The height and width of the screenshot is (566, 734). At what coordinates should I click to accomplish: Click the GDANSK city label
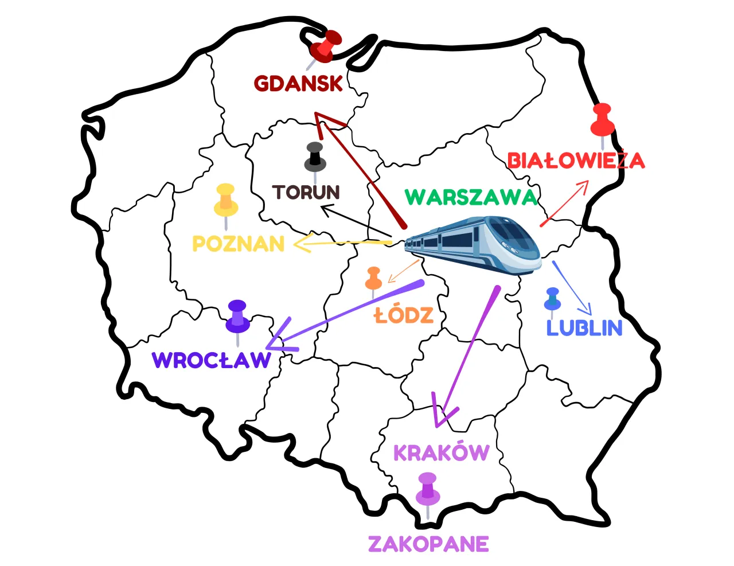[x=298, y=84]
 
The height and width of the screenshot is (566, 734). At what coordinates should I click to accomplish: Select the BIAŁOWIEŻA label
[x=576, y=161]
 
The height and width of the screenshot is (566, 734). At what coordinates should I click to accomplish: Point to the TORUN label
[x=306, y=192]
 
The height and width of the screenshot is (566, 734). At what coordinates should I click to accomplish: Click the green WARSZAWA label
[x=471, y=197]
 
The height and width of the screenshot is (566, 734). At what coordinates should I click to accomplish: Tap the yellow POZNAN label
[x=238, y=244]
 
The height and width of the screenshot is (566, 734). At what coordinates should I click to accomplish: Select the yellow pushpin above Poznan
[x=226, y=200]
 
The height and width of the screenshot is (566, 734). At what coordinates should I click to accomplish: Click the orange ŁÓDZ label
[x=403, y=315]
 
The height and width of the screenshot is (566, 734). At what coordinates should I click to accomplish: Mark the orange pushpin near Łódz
[x=374, y=279]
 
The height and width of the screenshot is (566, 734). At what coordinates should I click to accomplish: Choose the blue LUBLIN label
[x=584, y=328]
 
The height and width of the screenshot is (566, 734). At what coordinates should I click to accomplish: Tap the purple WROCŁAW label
[x=211, y=361]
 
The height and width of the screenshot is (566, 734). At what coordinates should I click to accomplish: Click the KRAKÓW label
[x=440, y=453]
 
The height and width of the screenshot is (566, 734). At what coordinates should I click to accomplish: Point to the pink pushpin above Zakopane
[x=427, y=489]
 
